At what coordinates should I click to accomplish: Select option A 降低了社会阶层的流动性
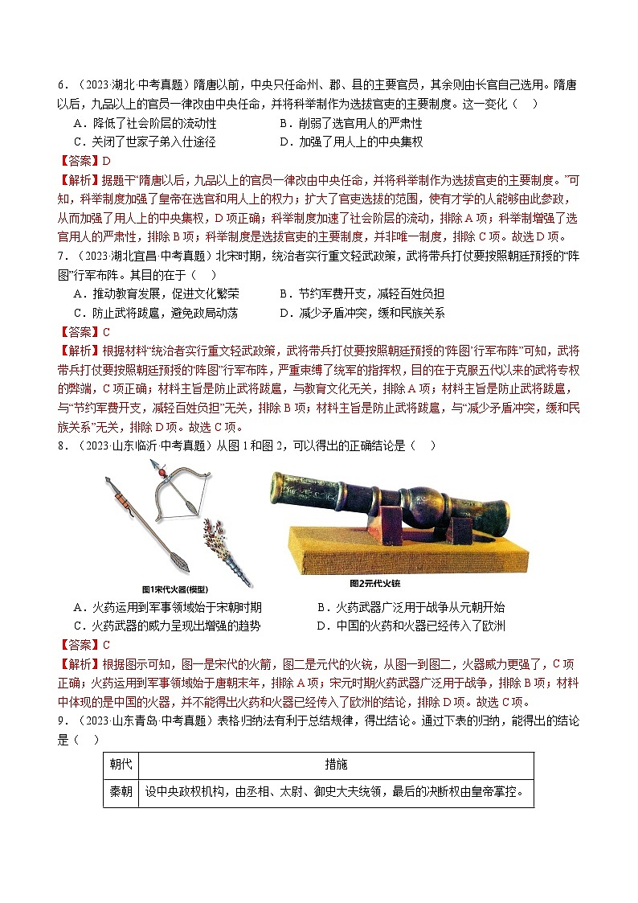(145, 123)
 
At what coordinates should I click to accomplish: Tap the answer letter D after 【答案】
(105, 161)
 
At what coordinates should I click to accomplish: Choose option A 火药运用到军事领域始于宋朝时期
(167, 607)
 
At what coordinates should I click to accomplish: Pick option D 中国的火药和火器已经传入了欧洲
(411, 626)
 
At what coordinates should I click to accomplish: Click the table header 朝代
(121, 765)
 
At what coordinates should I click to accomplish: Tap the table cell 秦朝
(121, 792)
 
